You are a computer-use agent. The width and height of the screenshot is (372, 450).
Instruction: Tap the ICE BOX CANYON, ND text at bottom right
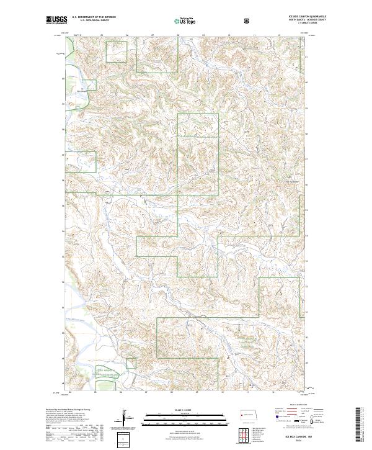coord(305,438)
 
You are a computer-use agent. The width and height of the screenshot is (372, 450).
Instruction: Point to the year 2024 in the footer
coord(305,441)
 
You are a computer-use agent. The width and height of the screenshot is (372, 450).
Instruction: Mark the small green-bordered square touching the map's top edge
coord(116,52)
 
